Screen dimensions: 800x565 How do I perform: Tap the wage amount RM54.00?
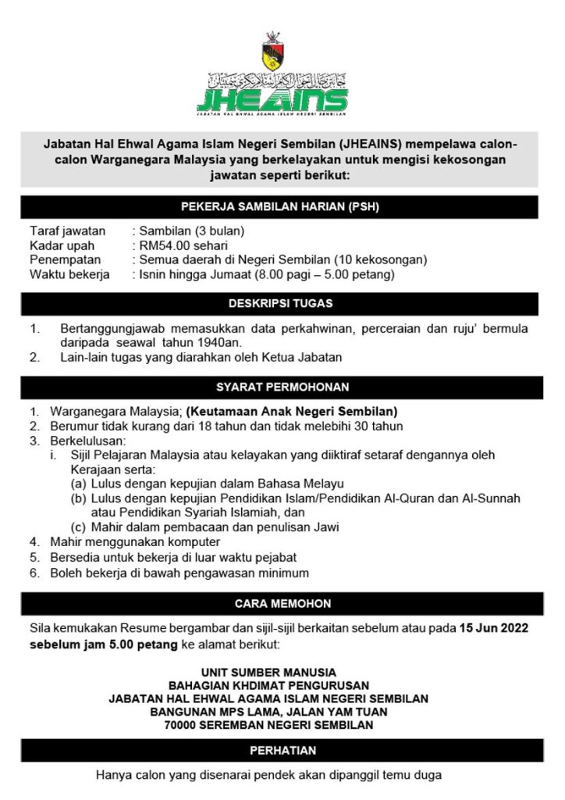pyautogui.click(x=163, y=245)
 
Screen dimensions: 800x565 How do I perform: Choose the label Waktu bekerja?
pyautogui.click(x=69, y=274)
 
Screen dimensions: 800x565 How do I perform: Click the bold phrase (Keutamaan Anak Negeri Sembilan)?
pyautogui.click(x=292, y=410)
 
